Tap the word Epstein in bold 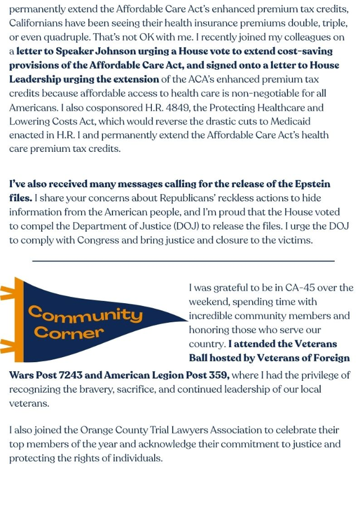pos(311,184)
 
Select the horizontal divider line pos(183,261)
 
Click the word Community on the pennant pos(85,313)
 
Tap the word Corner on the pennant pos(69,332)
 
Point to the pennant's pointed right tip pos(186,322)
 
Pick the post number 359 pos(213,375)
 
